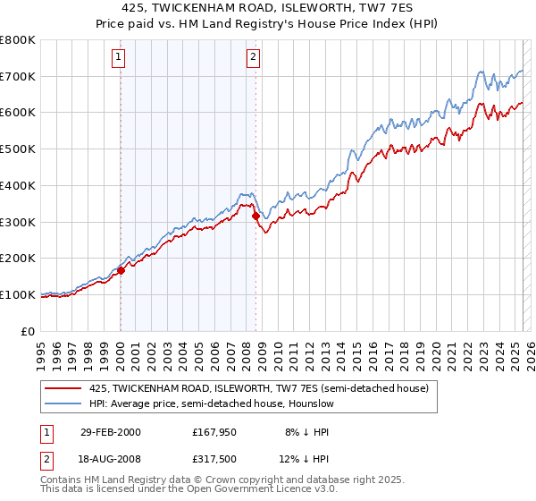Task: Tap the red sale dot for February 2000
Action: [121, 270]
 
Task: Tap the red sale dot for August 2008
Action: [255, 216]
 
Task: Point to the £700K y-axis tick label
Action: [18, 76]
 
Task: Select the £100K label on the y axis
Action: [18, 294]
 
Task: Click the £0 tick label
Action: [28, 331]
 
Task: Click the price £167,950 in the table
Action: [214, 432]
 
